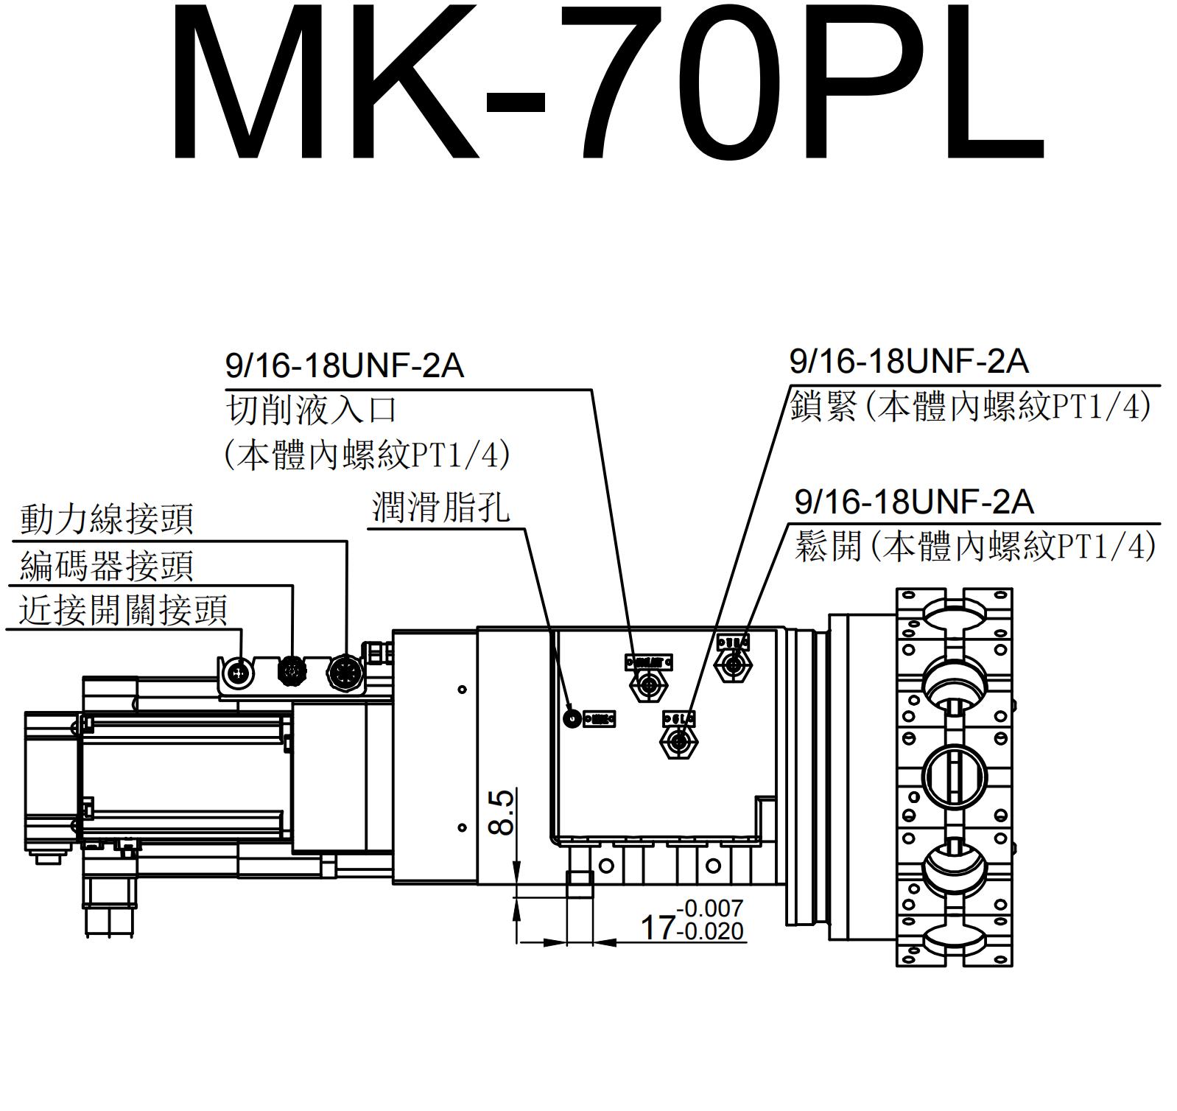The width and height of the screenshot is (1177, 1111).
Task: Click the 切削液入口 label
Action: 311,410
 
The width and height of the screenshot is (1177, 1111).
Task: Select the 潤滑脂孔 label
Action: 440,508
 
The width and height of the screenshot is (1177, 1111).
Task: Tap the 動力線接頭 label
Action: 106,519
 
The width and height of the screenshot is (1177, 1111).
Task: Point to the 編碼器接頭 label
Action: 106,566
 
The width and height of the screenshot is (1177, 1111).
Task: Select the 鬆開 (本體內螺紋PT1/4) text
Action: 974,546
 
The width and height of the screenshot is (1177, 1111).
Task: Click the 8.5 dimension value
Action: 502,812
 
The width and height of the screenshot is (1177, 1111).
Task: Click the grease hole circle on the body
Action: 571,717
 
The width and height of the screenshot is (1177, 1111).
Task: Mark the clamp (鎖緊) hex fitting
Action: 678,741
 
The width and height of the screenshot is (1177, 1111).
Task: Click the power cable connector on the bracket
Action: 345,670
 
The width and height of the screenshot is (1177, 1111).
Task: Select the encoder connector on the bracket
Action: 292,670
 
